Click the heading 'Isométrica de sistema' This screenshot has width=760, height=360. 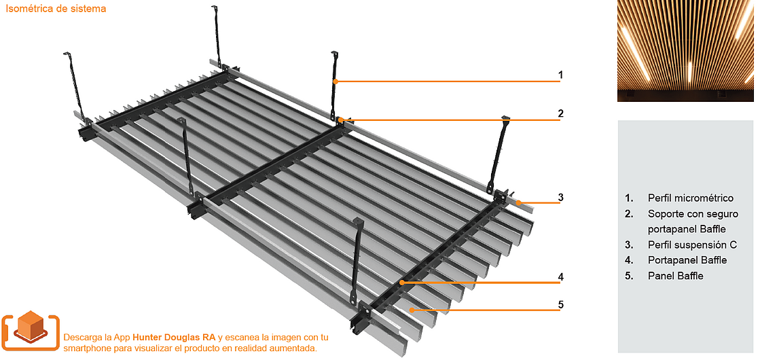[56, 10]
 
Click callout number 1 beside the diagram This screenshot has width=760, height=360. [560, 75]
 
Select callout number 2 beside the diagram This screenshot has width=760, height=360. [560, 113]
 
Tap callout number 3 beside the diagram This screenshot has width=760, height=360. [560, 198]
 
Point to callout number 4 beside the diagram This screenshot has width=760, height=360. [560, 276]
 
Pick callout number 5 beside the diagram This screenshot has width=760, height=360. [560, 304]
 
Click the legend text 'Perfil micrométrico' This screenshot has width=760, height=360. [690, 198]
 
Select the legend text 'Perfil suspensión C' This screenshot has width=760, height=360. [692, 245]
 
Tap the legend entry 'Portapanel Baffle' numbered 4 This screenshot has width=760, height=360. [687, 260]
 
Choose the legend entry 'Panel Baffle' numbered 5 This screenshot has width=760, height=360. [675, 276]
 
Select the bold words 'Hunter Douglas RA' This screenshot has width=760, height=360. [174, 337]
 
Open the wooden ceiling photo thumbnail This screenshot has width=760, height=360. [685, 51]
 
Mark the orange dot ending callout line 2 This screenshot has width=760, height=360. [340, 120]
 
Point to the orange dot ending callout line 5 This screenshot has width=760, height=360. [411, 309]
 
